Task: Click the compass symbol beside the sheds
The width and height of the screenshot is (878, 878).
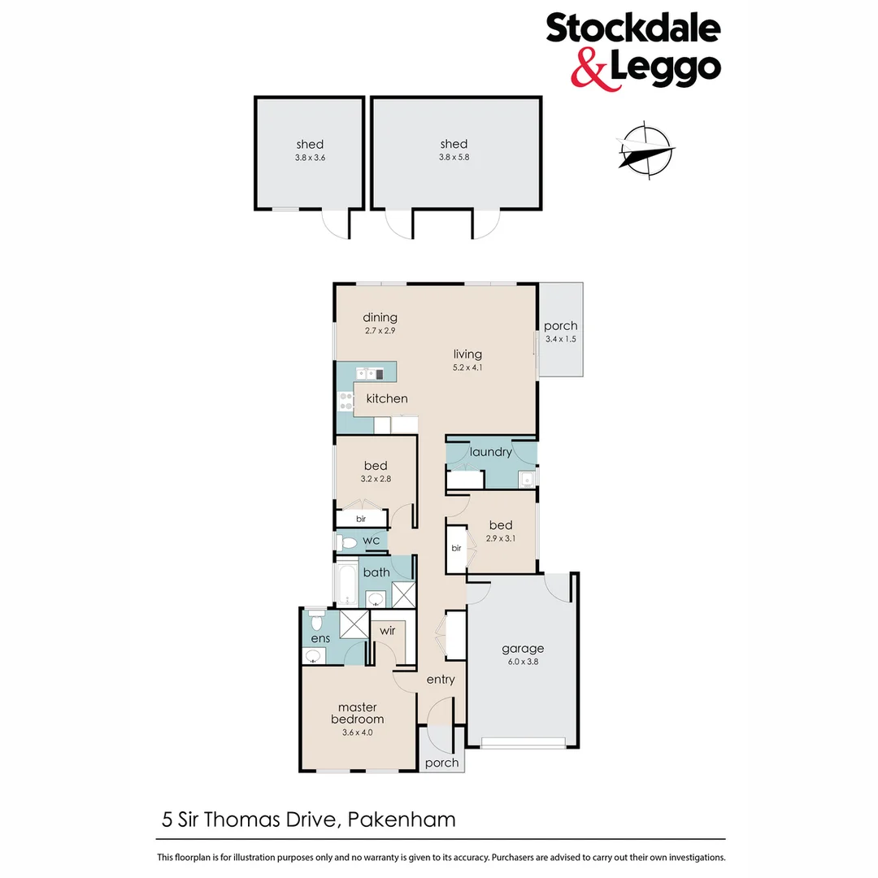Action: (x=646, y=149)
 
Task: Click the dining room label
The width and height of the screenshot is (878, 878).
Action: (x=380, y=317)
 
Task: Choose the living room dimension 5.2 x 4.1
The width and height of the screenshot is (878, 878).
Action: (x=468, y=367)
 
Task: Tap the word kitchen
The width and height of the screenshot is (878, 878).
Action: (x=387, y=398)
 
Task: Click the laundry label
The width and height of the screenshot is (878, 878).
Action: (x=491, y=451)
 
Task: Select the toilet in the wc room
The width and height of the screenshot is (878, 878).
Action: (x=346, y=541)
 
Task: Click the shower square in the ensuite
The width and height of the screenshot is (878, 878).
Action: (x=354, y=624)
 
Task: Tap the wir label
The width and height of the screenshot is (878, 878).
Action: (x=386, y=629)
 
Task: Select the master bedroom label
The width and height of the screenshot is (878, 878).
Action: (x=357, y=713)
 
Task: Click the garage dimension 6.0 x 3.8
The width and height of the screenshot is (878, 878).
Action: (x=522, y=662)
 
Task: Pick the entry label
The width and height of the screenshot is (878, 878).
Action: (x=441, y=680)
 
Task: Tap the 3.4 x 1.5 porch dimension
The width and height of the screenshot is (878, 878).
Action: (x=560, y=339)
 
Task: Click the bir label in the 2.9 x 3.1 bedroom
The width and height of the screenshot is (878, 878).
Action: (x=456, y=548)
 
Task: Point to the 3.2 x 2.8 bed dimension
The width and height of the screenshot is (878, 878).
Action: (x=376, y=480)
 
